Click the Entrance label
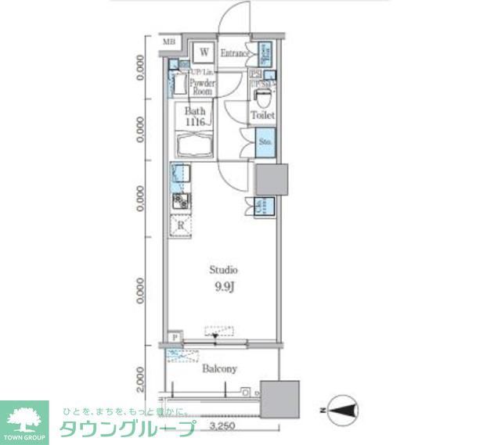click(235, 53)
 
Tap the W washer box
click(204, 52)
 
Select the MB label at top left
click(170, 42)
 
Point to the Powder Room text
click(203, 87)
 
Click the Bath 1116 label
click(195, 117)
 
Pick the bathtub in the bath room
click(196, 147)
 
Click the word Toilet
click(262, 116)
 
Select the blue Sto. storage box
click(265, 142)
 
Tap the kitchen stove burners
click(181, 202)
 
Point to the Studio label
click(223, 270)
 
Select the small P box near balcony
click(173, 337)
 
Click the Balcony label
click(219, 368)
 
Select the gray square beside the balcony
click(279, 401)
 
